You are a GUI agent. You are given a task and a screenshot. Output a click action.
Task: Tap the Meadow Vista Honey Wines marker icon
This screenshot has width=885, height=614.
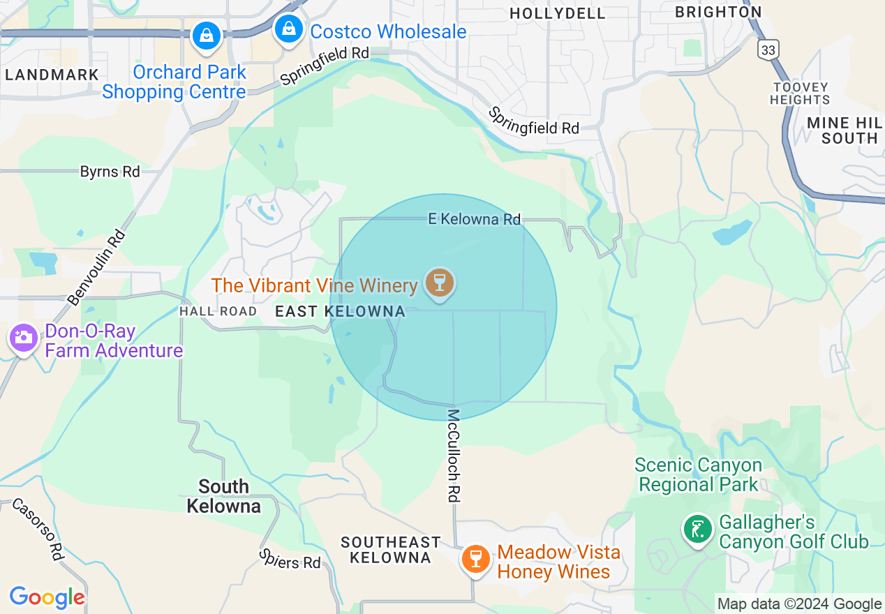(476, 559)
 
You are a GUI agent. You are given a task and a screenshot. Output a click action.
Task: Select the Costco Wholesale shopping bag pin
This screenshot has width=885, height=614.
(287, 30)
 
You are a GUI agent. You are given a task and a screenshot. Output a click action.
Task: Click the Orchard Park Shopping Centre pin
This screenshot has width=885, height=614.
(207, 35)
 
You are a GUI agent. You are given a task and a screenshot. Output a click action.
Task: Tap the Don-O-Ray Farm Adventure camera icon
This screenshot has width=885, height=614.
(24, 338)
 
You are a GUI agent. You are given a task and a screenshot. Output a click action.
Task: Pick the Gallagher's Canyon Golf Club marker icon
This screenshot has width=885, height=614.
(697, 530)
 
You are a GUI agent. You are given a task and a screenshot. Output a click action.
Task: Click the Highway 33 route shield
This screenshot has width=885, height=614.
(768, 50)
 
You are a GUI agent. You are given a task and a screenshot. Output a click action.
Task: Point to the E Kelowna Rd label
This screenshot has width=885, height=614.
(474, 219)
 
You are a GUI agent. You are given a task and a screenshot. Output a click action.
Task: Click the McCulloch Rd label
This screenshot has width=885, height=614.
(454, 455)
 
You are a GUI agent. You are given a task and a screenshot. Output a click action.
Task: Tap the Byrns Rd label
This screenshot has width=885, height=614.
(110, 171)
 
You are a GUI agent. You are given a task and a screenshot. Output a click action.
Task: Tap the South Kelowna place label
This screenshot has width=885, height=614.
(223, 496)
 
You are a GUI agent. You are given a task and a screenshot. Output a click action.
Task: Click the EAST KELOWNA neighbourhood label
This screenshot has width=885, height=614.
(340, 311)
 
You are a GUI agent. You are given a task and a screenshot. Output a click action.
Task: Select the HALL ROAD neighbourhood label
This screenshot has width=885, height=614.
(218, 311)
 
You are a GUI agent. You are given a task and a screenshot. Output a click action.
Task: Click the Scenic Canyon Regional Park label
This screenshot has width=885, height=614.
(698, 474)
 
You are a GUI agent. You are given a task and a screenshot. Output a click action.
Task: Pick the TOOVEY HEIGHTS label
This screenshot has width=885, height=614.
(800, 93)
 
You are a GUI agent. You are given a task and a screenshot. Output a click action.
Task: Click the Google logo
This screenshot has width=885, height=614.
(47, 597)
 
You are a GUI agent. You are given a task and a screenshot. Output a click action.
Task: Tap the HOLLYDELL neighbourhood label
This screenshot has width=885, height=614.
(558, 13)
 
